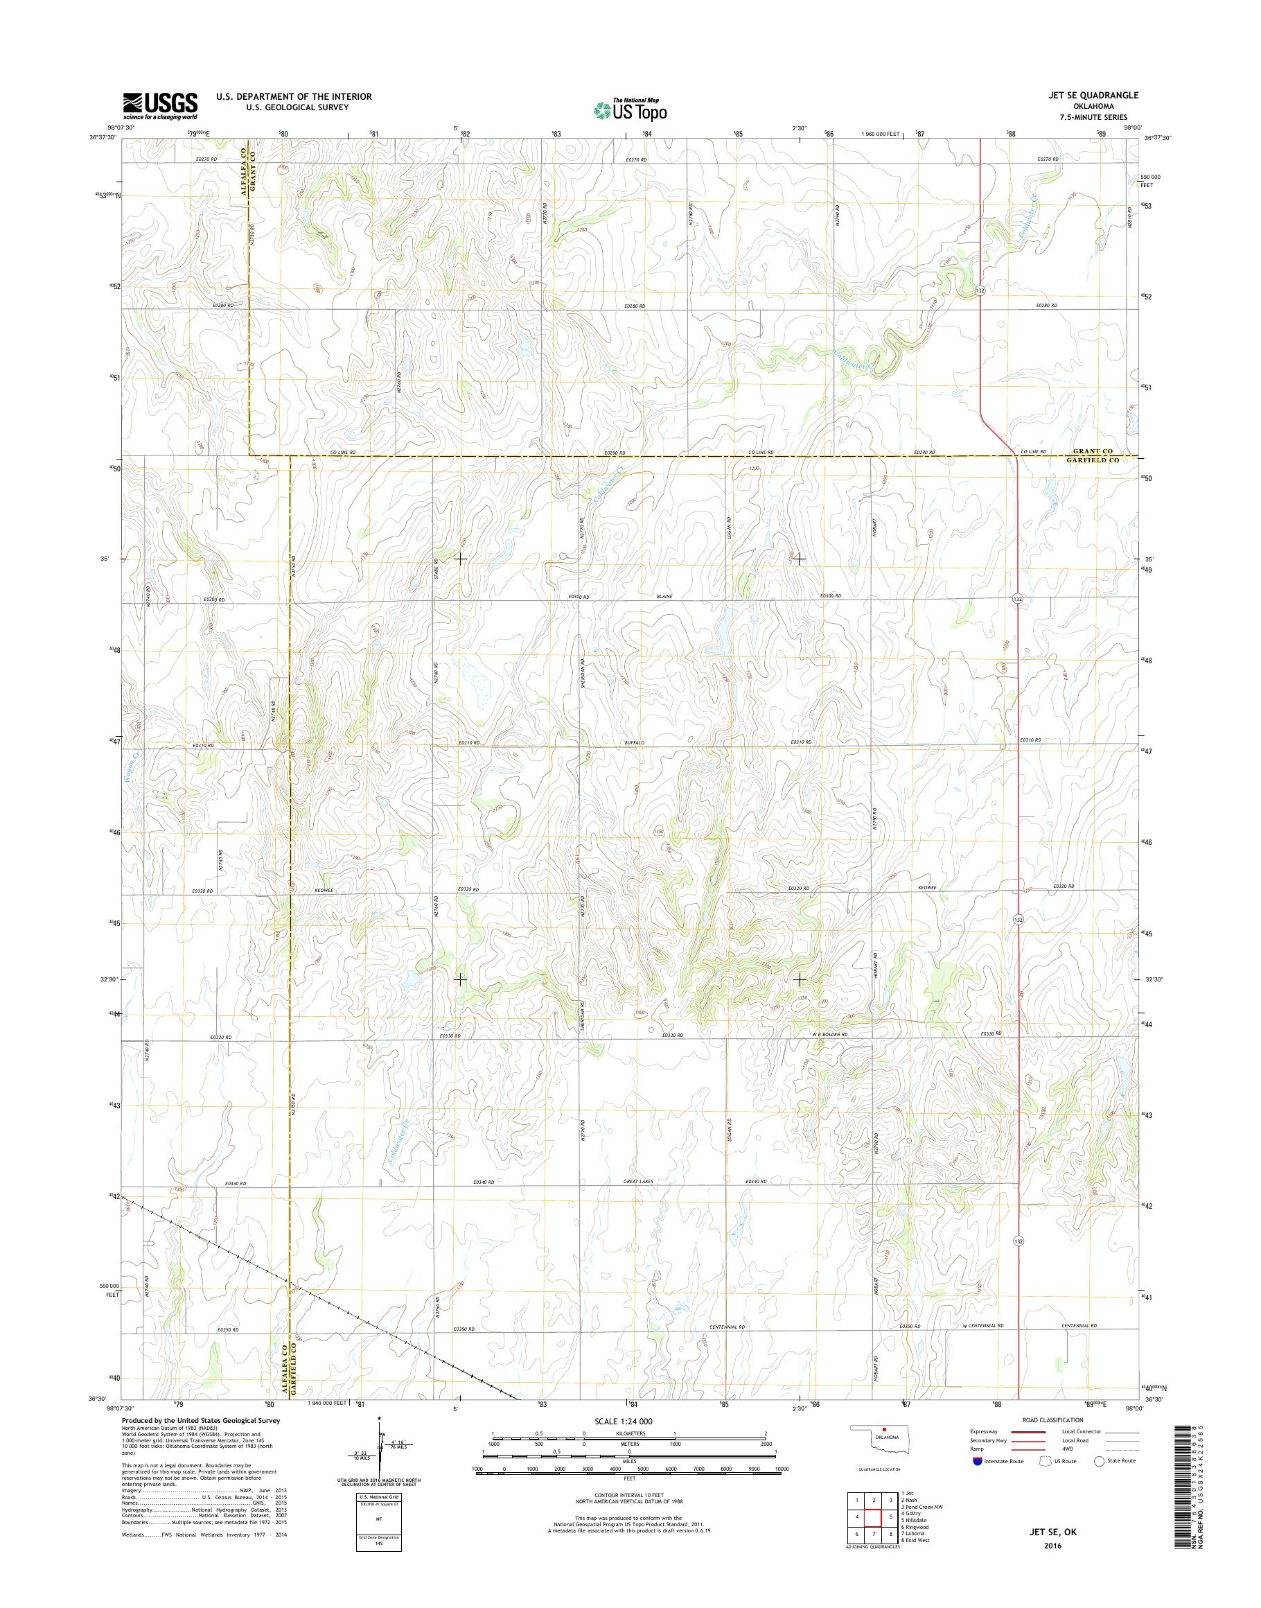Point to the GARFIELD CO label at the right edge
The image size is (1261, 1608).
coord(1095,460)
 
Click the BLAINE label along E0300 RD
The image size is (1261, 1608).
coord(667,596)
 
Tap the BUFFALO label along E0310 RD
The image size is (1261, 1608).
coord(634,742)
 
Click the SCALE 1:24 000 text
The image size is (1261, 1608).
coord(623,1421)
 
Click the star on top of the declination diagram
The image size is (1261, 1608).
coord(379,1418)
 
